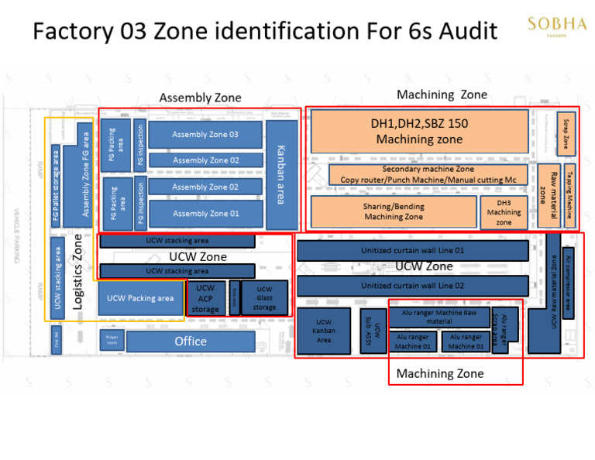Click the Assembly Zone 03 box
click(205, 135)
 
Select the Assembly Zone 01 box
click(205, 214)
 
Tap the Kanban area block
click(281, 174)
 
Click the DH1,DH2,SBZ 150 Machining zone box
click(419, 132)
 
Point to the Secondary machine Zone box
click(428, 174)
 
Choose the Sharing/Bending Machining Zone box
click(393, 212)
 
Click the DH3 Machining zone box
click(504, 212)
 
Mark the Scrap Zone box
click(566, 133)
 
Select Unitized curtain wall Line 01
click(412, 251)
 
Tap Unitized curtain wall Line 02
click(412, 286)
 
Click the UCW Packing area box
click(140, 298)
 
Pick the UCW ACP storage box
click(205, 299)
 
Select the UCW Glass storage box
click(264, 298)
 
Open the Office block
click(191, 342)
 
